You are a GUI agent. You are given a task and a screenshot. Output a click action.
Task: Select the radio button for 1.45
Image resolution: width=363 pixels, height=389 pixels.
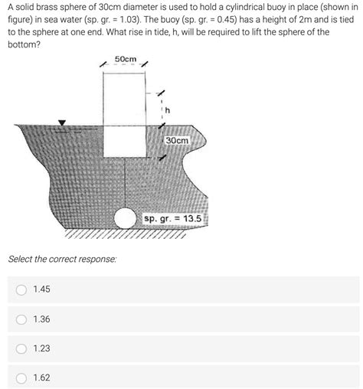pos(22,289)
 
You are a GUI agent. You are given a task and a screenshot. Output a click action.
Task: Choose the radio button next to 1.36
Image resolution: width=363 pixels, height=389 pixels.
pos(22,319)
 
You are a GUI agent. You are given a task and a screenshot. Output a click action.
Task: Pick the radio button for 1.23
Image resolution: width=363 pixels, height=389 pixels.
pos(22,348)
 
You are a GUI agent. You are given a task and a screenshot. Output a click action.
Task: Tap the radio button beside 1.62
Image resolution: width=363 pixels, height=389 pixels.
pos(22,377)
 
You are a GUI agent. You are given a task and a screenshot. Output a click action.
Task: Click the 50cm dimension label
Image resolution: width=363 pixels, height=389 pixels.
pos(125,60)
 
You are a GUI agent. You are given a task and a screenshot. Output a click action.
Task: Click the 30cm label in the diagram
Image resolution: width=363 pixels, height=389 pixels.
pos(177,142)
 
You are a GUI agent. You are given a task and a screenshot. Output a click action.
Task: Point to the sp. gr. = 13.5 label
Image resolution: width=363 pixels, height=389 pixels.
pos(173,219)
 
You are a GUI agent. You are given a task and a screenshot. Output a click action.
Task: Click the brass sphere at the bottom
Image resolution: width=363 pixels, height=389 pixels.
pos(125,221)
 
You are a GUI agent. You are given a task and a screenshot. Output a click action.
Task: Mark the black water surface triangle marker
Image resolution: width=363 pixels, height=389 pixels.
pos(62,123)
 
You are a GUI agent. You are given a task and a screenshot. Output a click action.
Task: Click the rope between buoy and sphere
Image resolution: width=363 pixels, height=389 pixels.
pos(125,184)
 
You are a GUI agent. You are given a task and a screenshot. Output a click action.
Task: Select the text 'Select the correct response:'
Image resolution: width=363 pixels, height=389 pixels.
pos(63,260)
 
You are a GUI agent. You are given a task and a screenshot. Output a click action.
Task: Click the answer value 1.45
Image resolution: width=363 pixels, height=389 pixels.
pos(42,289)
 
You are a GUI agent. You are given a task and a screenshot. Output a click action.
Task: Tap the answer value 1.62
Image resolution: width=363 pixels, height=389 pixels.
pos(42,377)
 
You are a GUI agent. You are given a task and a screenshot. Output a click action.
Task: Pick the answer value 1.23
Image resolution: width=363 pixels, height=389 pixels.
pos(42,348)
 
